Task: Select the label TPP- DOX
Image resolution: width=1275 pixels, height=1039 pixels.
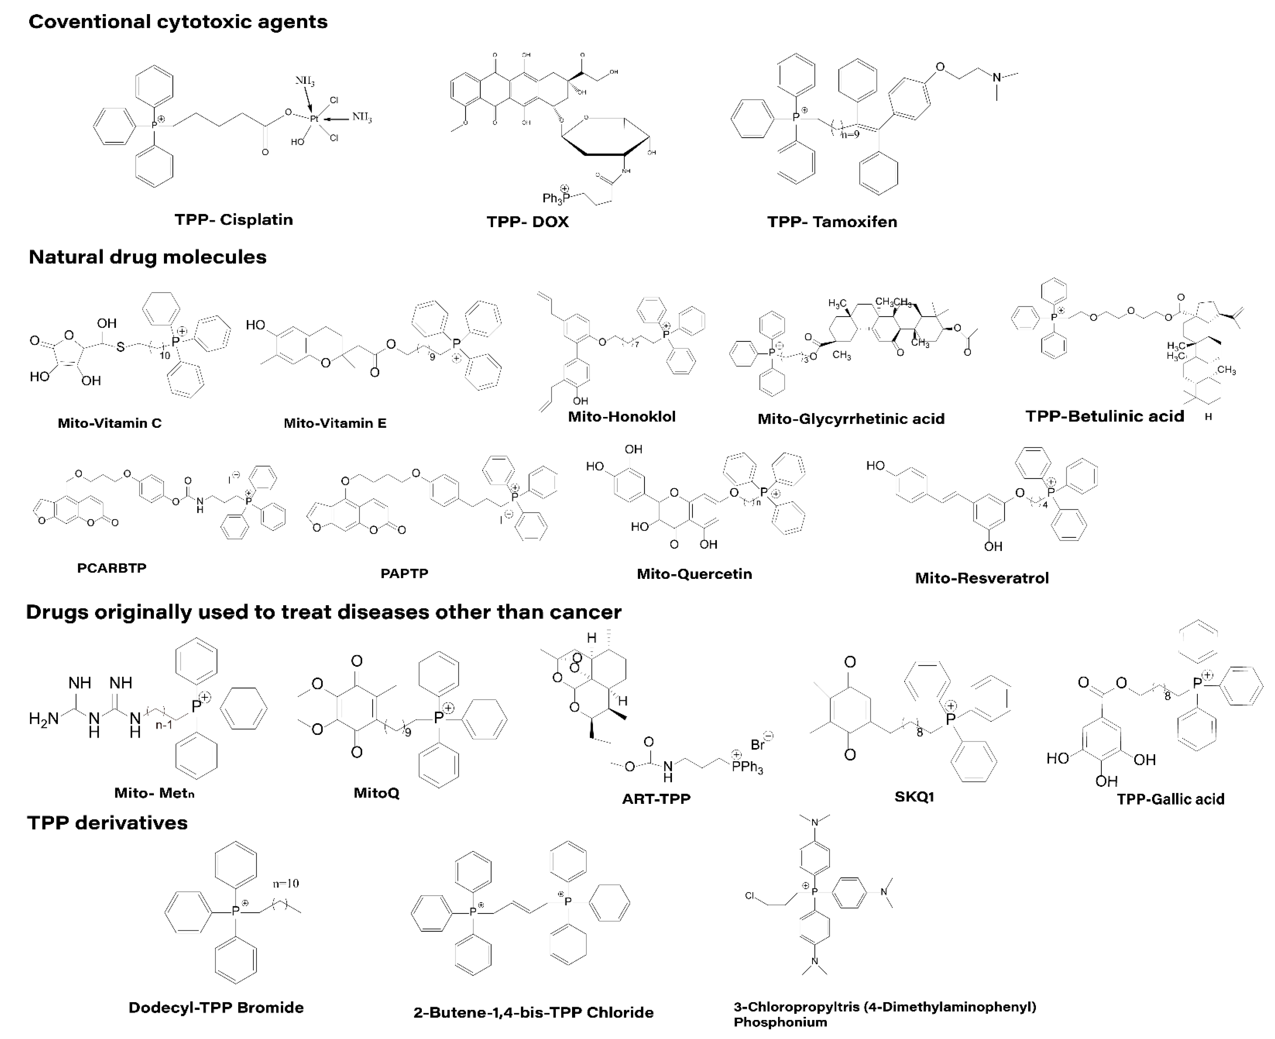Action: (527, 222)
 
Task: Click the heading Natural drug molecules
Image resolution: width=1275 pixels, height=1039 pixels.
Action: (147, 257)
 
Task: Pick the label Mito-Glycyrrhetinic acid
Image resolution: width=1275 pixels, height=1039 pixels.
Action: (851, 419)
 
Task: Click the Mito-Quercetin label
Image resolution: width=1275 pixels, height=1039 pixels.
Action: (694, 574)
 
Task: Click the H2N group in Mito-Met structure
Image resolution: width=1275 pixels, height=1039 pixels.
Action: (44, 719)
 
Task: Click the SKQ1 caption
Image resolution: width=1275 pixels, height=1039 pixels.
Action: (914, 796)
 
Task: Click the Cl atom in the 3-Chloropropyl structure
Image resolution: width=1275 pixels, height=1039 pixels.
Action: (750, 896)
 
